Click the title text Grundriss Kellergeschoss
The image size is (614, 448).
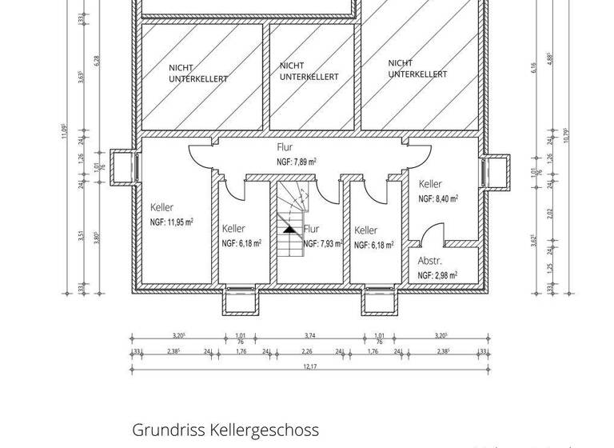(x=225, y=430)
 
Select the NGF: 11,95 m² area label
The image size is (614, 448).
(x=171, y=222)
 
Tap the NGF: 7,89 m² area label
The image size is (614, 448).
(x=296, y=162)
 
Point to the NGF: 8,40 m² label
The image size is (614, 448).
(x=438, y=198)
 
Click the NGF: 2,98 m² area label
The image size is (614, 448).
(x=437, y=275)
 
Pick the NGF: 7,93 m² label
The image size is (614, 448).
(x=322, y=243)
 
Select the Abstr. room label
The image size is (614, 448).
(x=430, y=261)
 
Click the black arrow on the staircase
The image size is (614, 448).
(x=289, y=230)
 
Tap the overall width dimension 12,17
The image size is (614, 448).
(x=309, y=366)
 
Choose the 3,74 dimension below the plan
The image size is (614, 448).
(x=310, y=336)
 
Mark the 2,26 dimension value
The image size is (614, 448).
(x=306, y=350)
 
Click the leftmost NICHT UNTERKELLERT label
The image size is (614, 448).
(x=198, y=74)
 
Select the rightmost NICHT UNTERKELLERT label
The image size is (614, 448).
(x=417, y=69)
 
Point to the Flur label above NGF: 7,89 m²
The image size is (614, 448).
(x=285, y=147)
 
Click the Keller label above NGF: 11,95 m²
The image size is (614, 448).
(x=161, y=208)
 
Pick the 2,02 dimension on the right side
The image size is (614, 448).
(x=550, y=213)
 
